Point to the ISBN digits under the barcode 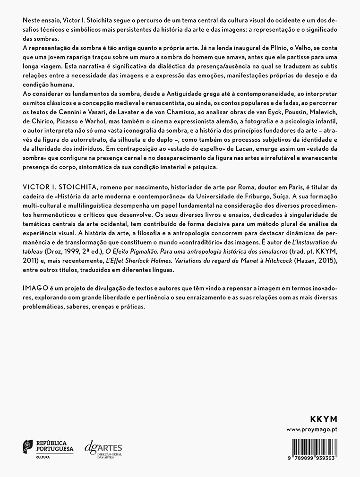316,459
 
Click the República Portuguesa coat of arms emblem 28,446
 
